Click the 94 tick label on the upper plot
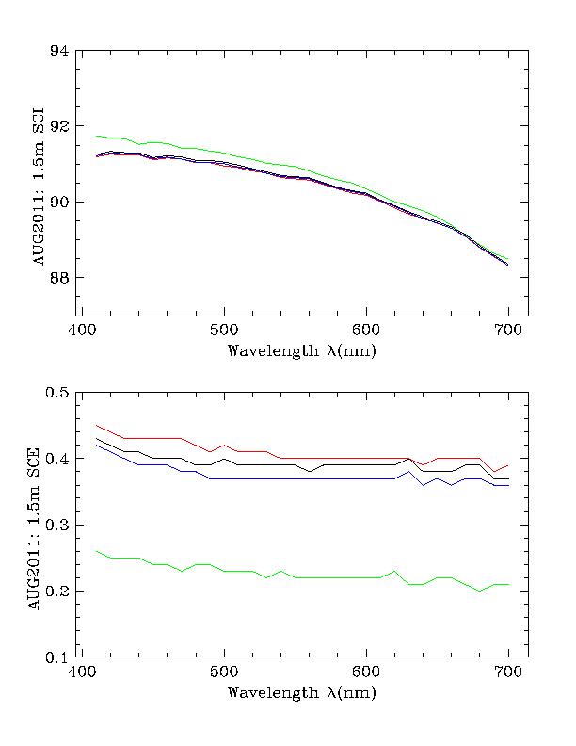(59, 50)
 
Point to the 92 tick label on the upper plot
(59, 126)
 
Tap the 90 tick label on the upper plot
(59, 202)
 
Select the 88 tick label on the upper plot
(59, 278)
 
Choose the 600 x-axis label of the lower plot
(366, 673)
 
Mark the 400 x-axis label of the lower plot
(82, 673)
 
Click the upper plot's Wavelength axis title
(295, 351)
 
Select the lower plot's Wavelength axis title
(295, 693)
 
